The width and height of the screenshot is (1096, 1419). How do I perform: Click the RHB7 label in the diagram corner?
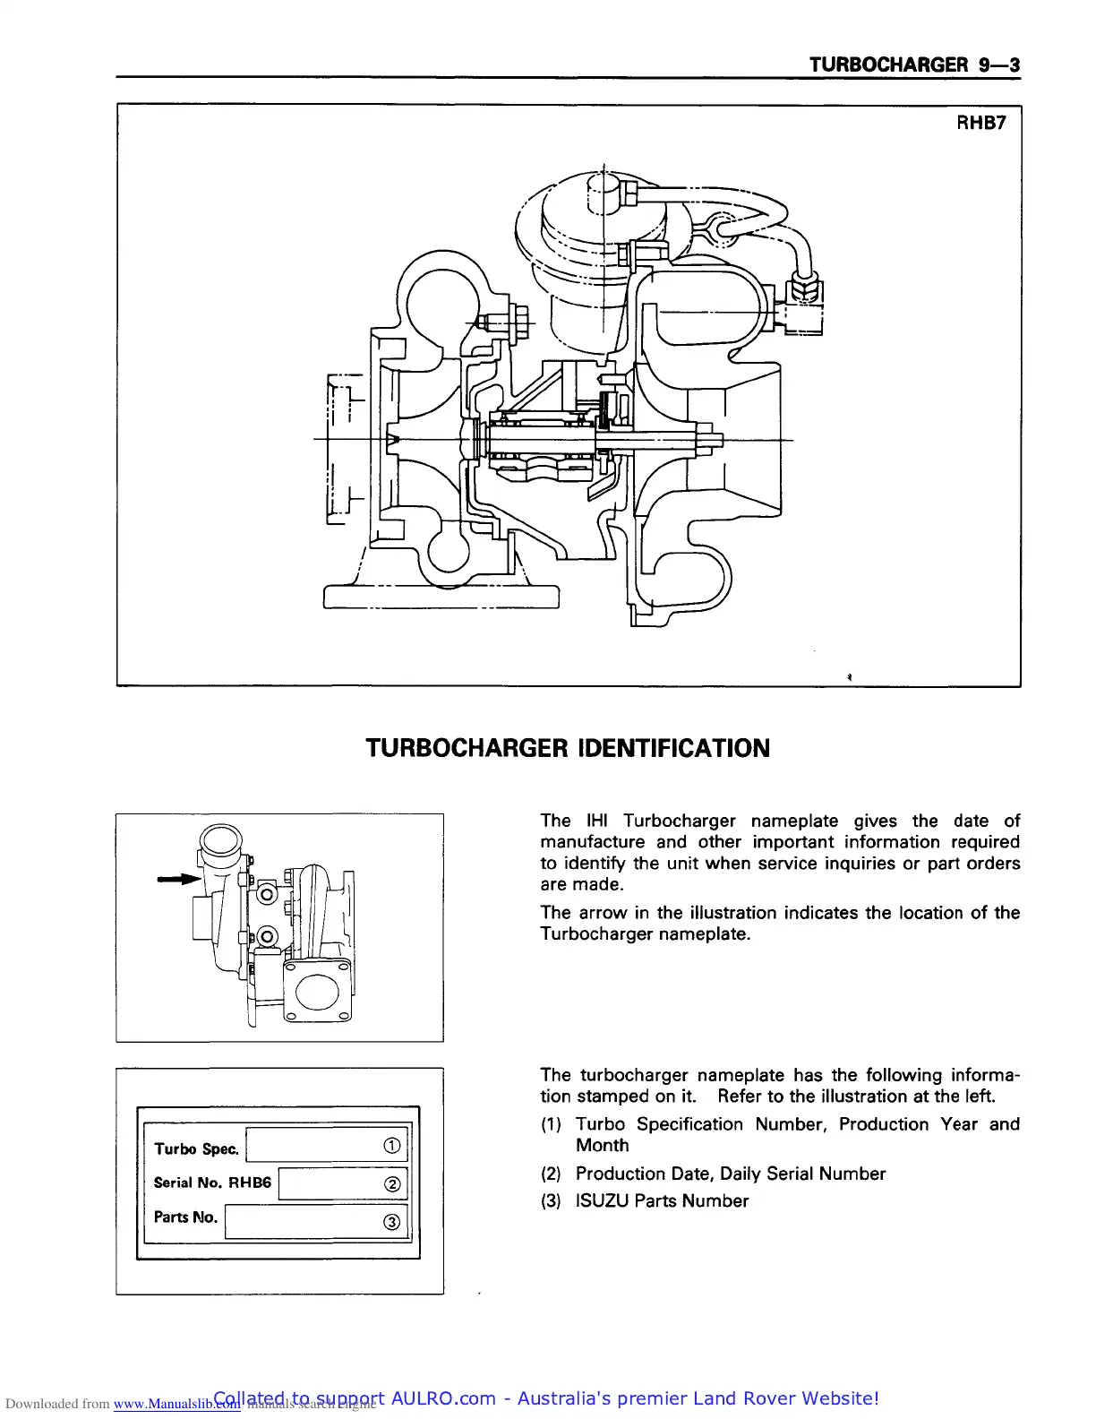[x=981, y=123]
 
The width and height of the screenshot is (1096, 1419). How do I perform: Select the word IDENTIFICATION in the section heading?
[x=674, y=748]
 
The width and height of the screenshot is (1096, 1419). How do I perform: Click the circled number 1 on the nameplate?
[x=391, y=1146]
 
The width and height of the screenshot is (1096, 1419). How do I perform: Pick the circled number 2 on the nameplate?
[x=391, y=1184]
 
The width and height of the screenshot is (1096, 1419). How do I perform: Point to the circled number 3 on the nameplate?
[x=391, y=1223]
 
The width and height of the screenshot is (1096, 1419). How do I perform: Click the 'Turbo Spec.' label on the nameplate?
[x=196, y=1148]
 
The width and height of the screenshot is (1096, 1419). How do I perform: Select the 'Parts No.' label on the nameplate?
[x=185, y=1217]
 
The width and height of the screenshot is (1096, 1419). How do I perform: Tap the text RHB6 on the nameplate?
[x=250, y=1182]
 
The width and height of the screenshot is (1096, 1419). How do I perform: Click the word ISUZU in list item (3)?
[x=601, y=1200]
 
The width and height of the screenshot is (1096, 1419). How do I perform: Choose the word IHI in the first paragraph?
[x=596, y=821]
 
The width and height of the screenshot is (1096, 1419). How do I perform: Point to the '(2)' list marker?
[x=551, y=1174]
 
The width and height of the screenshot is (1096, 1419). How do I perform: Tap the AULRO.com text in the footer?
[x=443, y=1398]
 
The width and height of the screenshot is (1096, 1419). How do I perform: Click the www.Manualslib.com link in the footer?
[x=176, y=1404]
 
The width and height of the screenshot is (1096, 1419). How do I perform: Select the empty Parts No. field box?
[x=304, y=1222]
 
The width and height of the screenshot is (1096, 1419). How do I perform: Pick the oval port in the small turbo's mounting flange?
[x=316, y=993]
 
